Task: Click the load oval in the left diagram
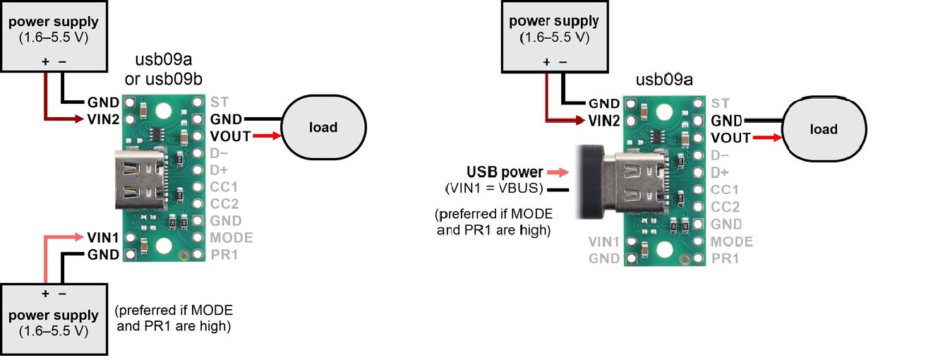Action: pyautogui.click(x=324, y=128)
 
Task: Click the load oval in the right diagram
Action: pyautogui.click(x=824, y=129)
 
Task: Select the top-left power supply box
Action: pyautogui.click(x=54, y=37)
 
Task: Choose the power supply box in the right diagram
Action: pyautogui.click(x=554, y=37)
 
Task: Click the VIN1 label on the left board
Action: pyautogui.click(x=103, y=237)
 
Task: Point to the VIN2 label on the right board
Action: pyautogui.click(x=603, y=121)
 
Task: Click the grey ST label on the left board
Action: pyautogui.click(x=218, y=101)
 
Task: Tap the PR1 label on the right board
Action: pyautogui.click(x=726, y=258)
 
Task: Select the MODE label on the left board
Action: pyautogui.click(x=232, y=237)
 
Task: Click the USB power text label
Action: pyautogui.click(x=505, y=172)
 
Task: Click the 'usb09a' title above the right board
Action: pyautogui.click(x=664, y=80)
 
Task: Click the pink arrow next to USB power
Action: pyautogui.click(x=558, y=172)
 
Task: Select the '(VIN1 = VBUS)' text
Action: pyautogui.click(x=493, y=188)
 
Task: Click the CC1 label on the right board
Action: pyautogui.click(x=726, y=190)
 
